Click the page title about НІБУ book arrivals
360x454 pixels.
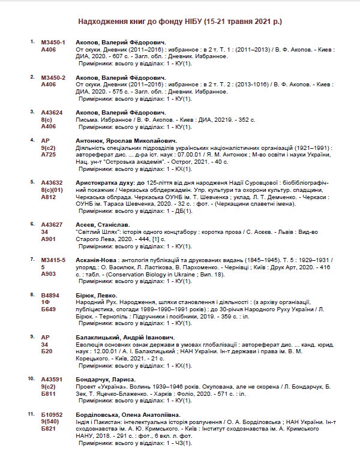point(180,22)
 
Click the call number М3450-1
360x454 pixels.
point(53,43)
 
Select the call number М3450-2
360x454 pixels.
point(53,77)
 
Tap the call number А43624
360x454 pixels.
point(52,112)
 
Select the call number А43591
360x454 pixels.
point(52,380)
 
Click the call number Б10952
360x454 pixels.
point(52,415)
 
